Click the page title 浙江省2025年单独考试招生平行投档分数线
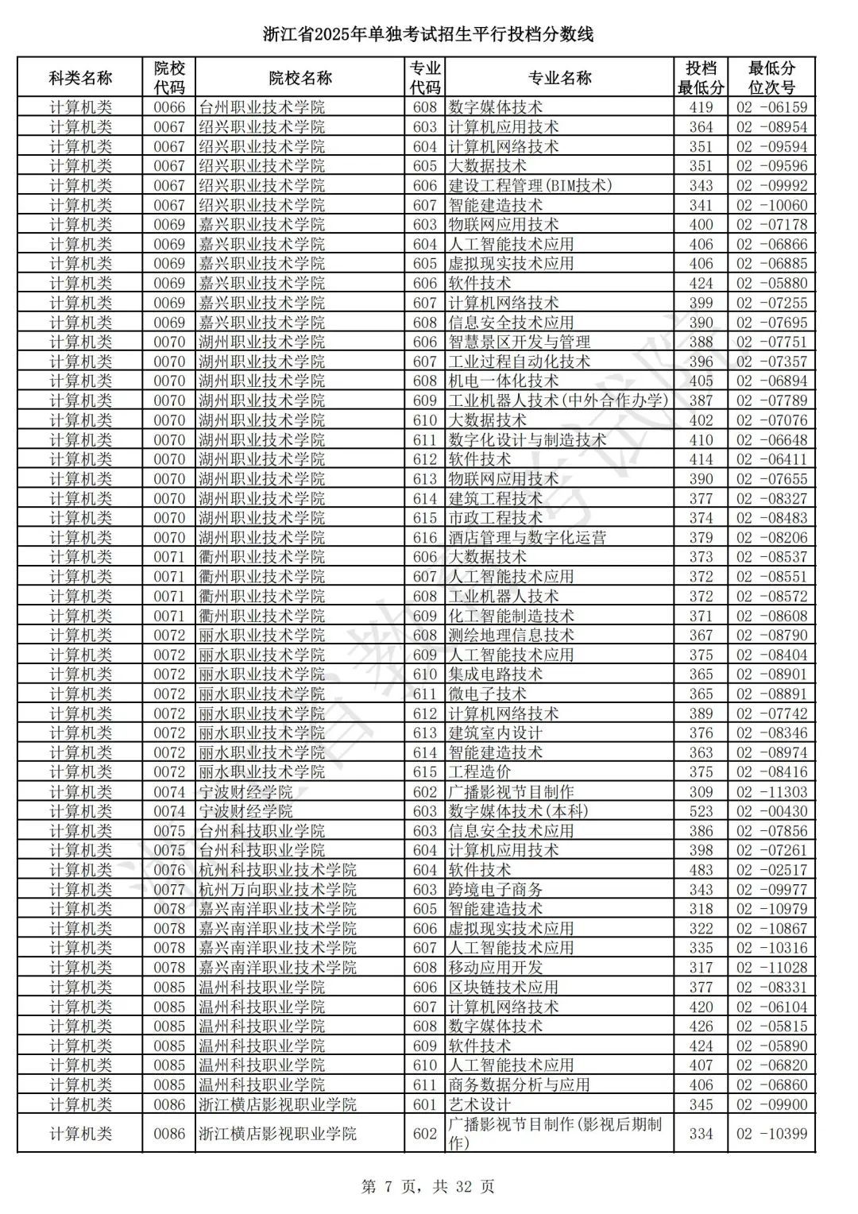(x=428, y=34)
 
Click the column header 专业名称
(x=559, y=78)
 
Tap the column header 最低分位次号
(x=771, y=78)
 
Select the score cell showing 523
(x=701, y=811)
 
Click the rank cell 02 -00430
(x=771, y=811)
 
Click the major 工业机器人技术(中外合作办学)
(x=558, y=400)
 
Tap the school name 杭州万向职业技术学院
(x=277, y=889)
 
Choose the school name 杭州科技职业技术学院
(x=277, y=870)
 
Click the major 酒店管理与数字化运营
(x=527, y=538)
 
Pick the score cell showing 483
(x=701, y=870)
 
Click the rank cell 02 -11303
(x=771, y=792)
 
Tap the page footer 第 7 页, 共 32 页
(x=428, y=1186)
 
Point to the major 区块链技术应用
(x=503, y=987)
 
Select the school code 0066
(x=169, y=107)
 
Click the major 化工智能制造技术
(x=511, y=616)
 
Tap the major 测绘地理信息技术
(x=511, y=636)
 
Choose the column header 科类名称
(x=80, y=78)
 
